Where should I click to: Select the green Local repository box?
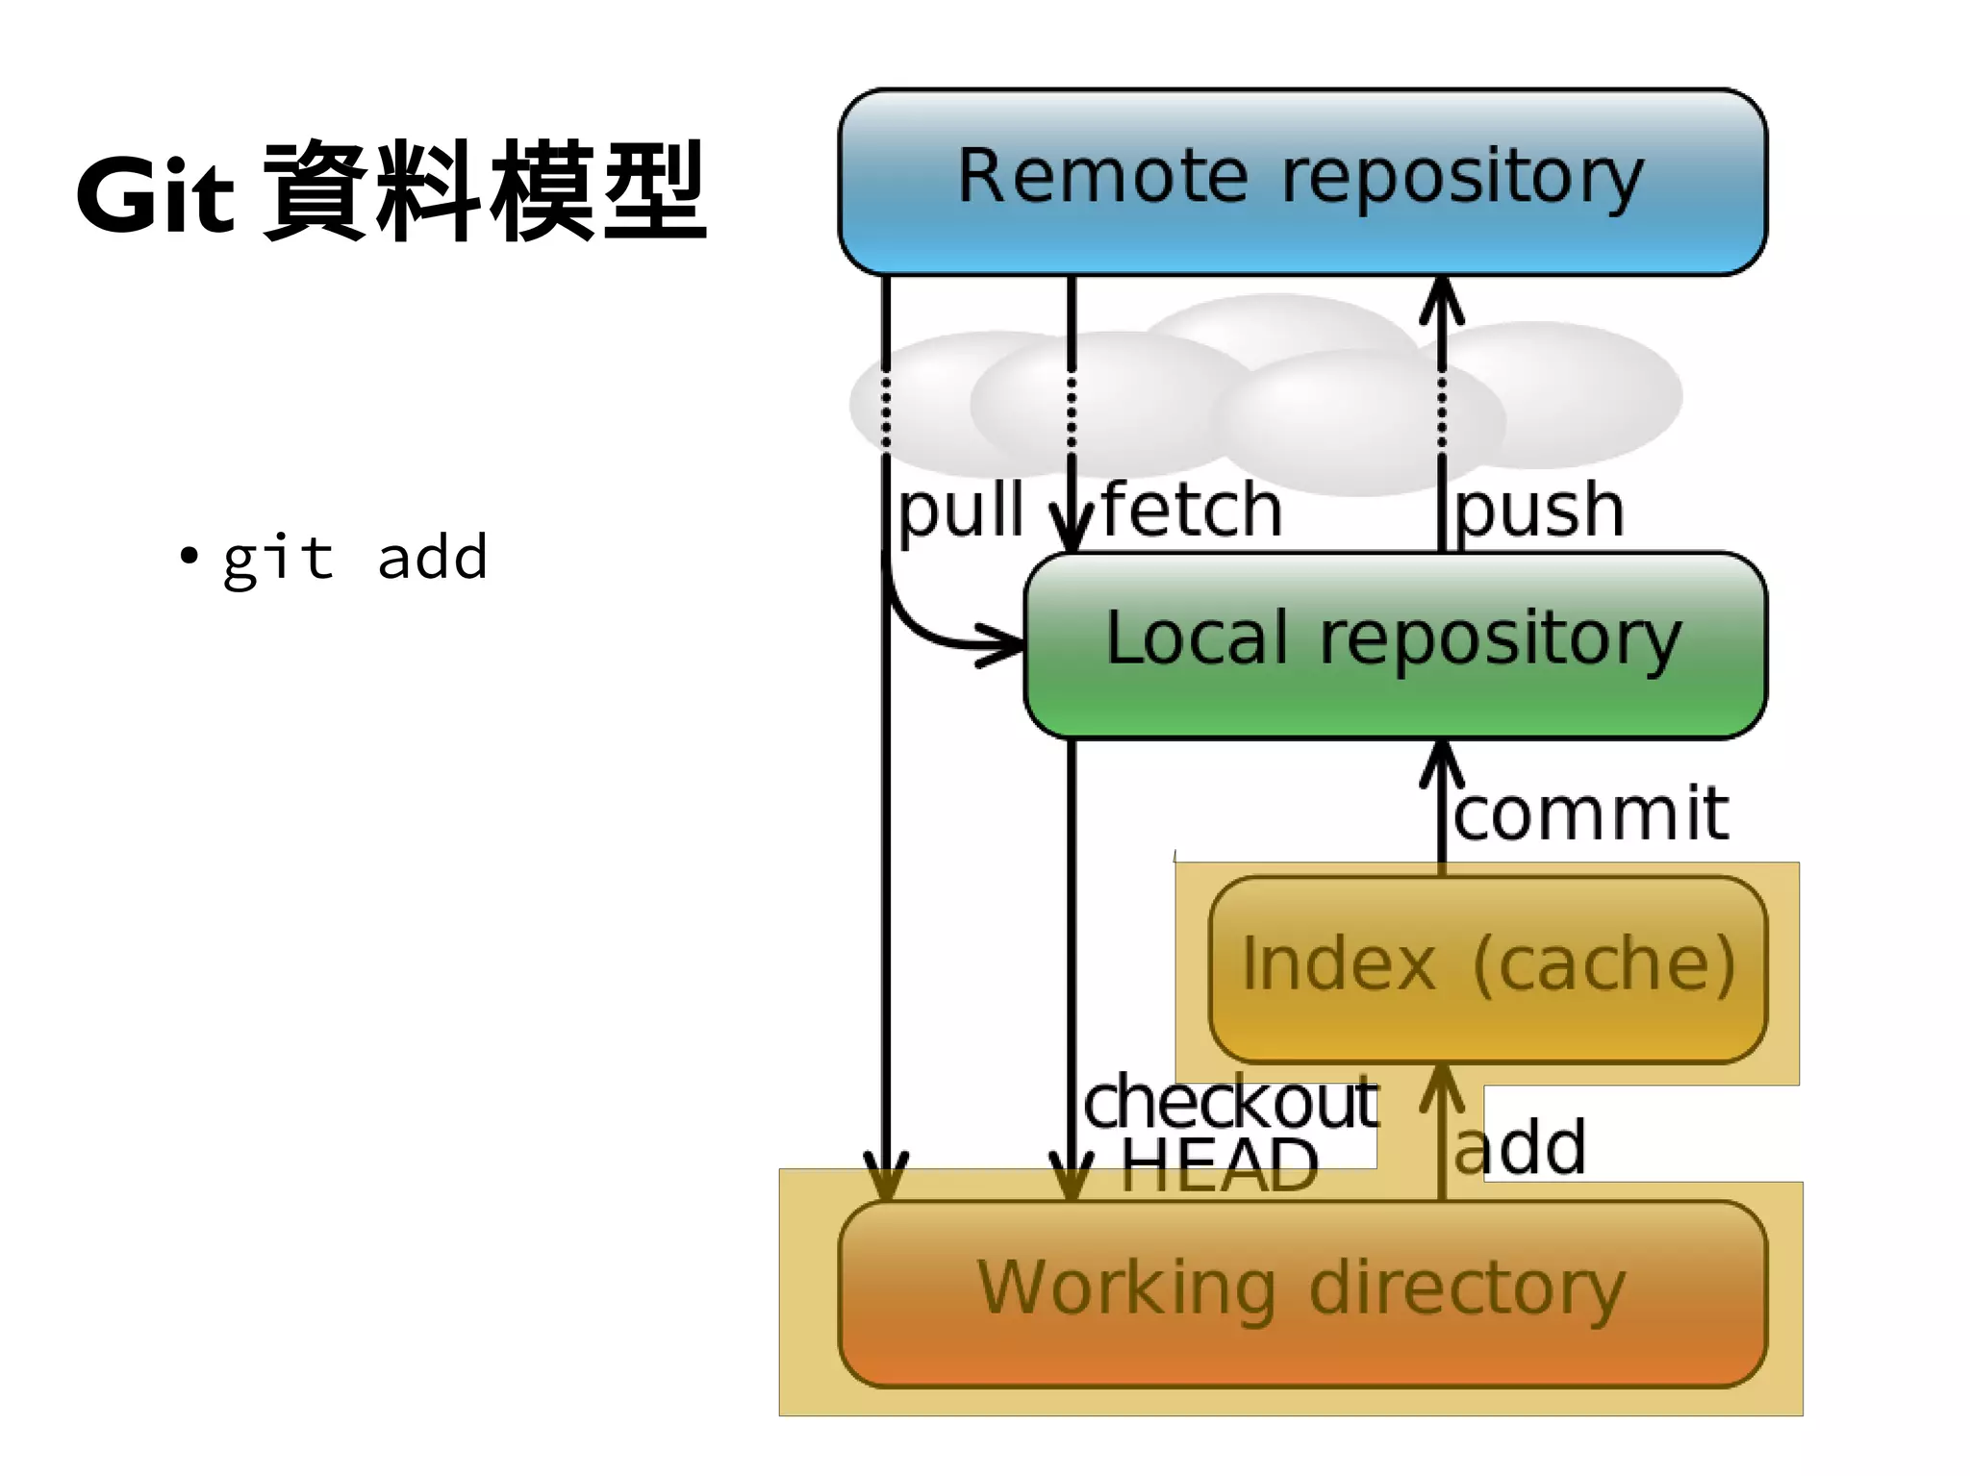[x=1395, y=643]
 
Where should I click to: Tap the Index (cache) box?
[x=1487, y=967]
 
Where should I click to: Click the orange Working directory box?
[x=1301, y=1291]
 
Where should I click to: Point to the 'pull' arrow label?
[x=960, y=512]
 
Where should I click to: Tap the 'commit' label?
[x=1591, y=813]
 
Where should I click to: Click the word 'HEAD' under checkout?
[x=1219, y=1166]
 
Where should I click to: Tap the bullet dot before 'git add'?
[x=189, y=556]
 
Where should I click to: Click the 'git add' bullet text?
[x=355, y=558]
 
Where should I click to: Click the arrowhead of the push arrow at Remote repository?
[x=1441, y=296]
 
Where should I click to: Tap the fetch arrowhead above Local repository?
[x=1072, y=534]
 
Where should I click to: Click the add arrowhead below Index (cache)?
[x=1441, y=1087]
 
